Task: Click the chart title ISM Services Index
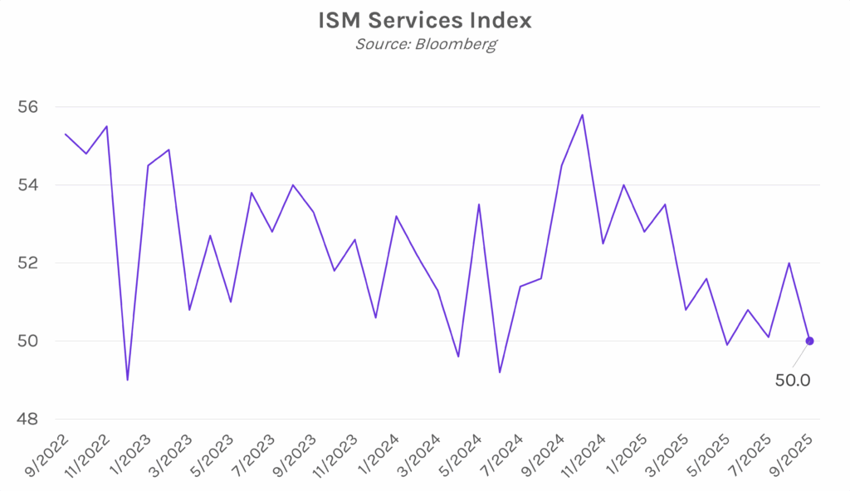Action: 424,20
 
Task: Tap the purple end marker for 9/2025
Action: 809,341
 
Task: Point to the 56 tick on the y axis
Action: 28,107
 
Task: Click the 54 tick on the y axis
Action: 28,185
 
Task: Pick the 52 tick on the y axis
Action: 28,263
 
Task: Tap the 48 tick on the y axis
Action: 28,419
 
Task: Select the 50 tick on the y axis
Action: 28,341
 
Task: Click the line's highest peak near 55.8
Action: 582,115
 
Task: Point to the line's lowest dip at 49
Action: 127,380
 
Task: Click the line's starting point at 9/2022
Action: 65,134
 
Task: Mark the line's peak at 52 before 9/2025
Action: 789,263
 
